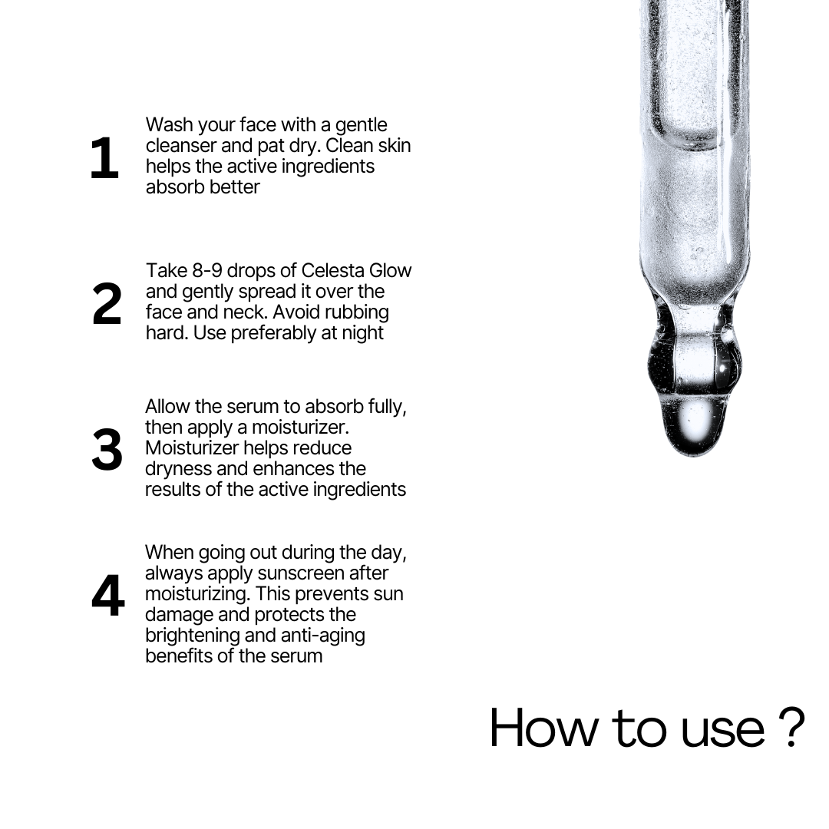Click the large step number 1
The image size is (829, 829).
(104, 159)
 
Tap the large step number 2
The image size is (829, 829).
(107, 305)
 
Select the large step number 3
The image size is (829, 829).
(107, 451)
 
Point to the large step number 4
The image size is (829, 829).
(107, 596)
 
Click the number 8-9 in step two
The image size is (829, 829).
(201, 271)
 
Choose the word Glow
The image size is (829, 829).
(390, 271)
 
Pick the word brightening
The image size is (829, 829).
(192, 636)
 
